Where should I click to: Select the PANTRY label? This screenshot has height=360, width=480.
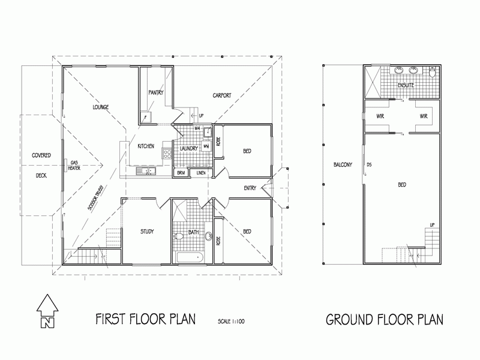pyautogui.click(x=156, y=92)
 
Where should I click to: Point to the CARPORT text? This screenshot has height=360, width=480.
pyautogui.click(x=221, y=95)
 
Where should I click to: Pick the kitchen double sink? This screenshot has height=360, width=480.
pyautogui.click(x=146, y=172)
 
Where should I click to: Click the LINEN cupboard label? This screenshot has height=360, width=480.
pyautogui.click(x=200, y=173)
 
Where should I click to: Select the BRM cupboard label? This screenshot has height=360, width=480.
pyautogui.click(x=180, y=173)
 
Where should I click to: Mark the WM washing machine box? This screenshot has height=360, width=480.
pyautogui.click(x=206, y=146)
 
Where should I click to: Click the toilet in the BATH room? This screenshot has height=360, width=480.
pyautogui.click(x=179, y=236)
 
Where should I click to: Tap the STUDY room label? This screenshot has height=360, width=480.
pyautogui.click(x=148, y=231)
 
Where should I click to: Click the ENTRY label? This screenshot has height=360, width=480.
pyautogui.click(x=250, y=188)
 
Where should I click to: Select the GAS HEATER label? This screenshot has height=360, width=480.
pyautogui.click(x=75, y=165)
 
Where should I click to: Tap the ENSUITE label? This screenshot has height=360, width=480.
pyautogui.click(x=406, y=85)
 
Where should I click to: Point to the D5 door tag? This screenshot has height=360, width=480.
pyautogui.click(x=369, y=164)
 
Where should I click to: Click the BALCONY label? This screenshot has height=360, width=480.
pyautogui.click(x=343, y=164)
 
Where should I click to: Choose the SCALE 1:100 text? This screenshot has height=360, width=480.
pyautogui.click(x=231, y=322)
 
